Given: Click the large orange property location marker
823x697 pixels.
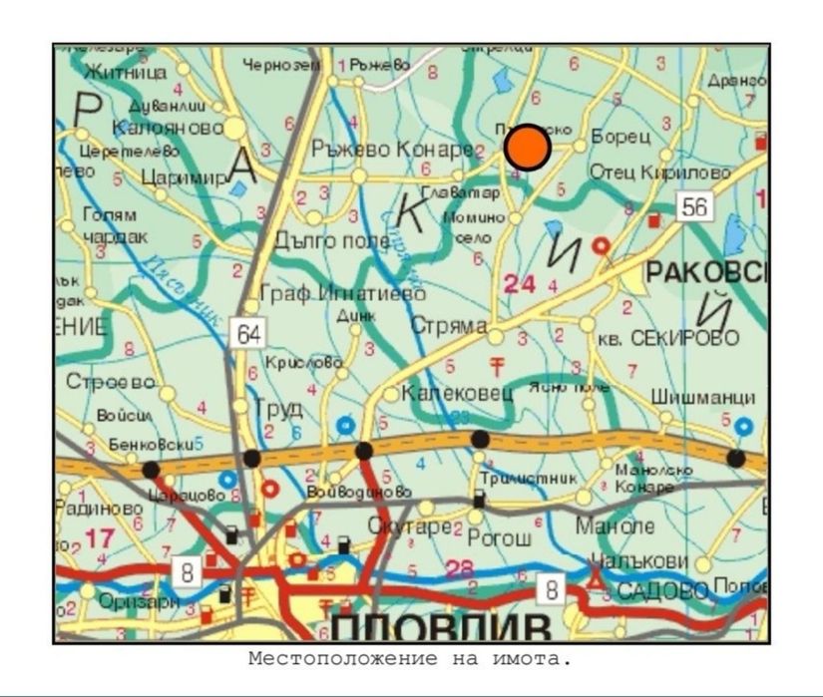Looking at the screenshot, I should click(x=528, y=148).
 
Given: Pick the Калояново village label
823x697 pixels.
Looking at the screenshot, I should click(x=168, y=129).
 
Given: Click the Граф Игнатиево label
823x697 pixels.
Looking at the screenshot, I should click(x=341, y=293).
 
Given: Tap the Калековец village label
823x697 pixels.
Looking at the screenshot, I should click(x=456, y=394).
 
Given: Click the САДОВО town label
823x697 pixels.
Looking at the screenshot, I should click(x=661, y=590).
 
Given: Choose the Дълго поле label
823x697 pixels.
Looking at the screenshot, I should click(x=318, y=239).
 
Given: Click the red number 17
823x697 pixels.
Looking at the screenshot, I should click(x=100, y=538).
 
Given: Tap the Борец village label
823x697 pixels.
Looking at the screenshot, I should click(x=619, y=135).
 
